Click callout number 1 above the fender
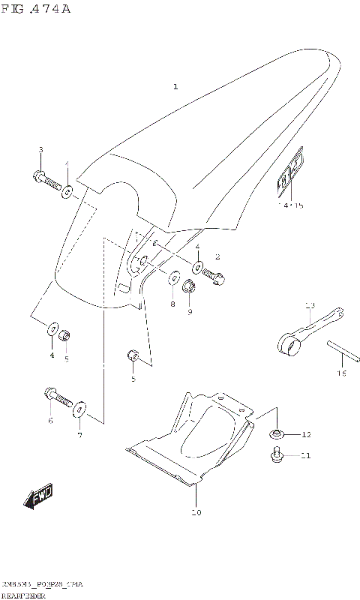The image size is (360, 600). [175, 87]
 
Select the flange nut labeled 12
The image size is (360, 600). [276, 434]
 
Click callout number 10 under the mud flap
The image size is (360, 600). [196, 513]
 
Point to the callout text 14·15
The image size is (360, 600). [290, 205]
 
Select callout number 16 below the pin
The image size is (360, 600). [341, 373]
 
